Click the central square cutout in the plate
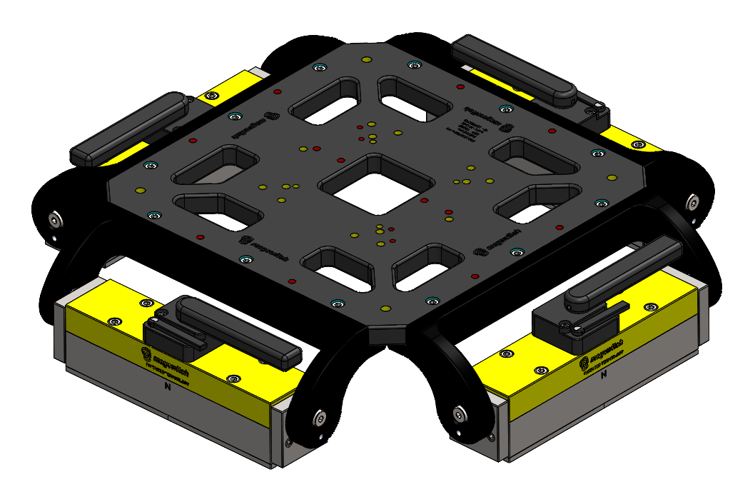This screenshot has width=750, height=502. [x=376, y=185]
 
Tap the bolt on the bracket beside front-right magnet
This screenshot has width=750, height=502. [x=458, y=412]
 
